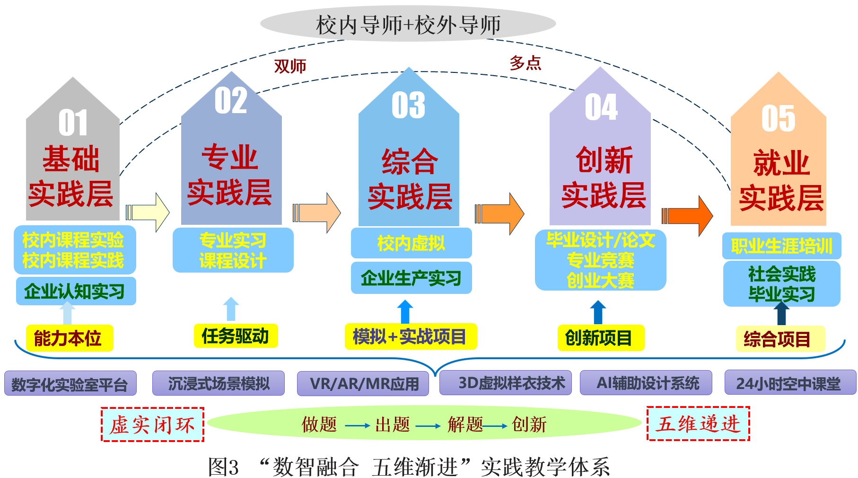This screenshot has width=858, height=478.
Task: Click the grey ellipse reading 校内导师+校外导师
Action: pyautogui.click(x=408, y=24)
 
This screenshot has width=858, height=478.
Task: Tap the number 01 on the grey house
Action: pyautogui.click(x=73, y=123)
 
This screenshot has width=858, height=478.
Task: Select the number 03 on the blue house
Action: pyautogui.click(x=408, y=105)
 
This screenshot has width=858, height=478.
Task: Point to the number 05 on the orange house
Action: pyautogui.click(x=778, y=118)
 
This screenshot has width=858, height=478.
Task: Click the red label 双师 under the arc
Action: pyautogui.click(x=290, y=66)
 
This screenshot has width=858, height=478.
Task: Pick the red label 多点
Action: pyautogui.click(x=525, y=63)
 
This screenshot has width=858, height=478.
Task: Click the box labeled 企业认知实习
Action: pyautogui.click(x=76, y=291)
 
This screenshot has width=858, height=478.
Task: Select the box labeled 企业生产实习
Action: pyautogui.click(x=411, y=278)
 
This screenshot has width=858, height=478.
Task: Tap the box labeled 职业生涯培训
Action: pyautogui.click(x=781, y=246)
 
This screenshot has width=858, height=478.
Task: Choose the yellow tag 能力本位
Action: pyautogui.click(x=69, y=338)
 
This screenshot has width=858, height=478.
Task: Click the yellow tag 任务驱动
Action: pyautogui.click(x=236, y=336)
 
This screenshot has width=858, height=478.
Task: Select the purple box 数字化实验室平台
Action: pyautogui.click(x=70, y=384)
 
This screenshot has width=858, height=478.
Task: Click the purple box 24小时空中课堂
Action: pyautogui.click(x=790, y=383)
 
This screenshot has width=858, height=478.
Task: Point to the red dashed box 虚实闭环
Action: pyautogui.click(x=152, y=425)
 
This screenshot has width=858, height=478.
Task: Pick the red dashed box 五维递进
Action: pyautogui.click(x=698, y=424)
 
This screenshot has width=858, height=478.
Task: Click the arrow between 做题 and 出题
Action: pyautogui.click(x=357, y=425)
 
